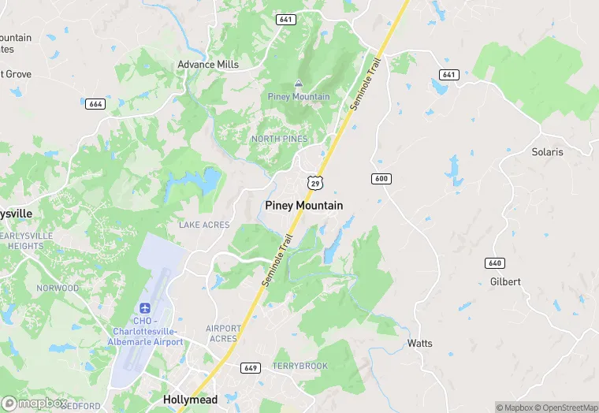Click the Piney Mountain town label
[303, 205]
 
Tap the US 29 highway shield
[314, 183]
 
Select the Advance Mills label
[208, 65]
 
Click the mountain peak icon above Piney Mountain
[299, 84]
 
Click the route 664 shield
[96, 104]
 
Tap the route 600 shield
[381, 179]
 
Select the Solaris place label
[547, 152]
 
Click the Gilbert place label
[505, 281]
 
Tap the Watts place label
[419, 344]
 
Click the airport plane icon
[145, 308]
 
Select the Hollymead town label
[190, 400]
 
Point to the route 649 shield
[251, 368]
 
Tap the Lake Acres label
[204, 225]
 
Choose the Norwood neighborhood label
[58, 288]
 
